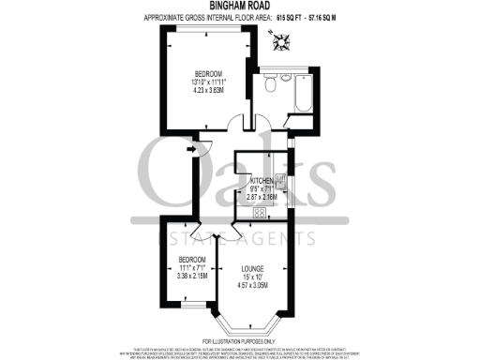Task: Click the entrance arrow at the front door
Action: tap(192, 146)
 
